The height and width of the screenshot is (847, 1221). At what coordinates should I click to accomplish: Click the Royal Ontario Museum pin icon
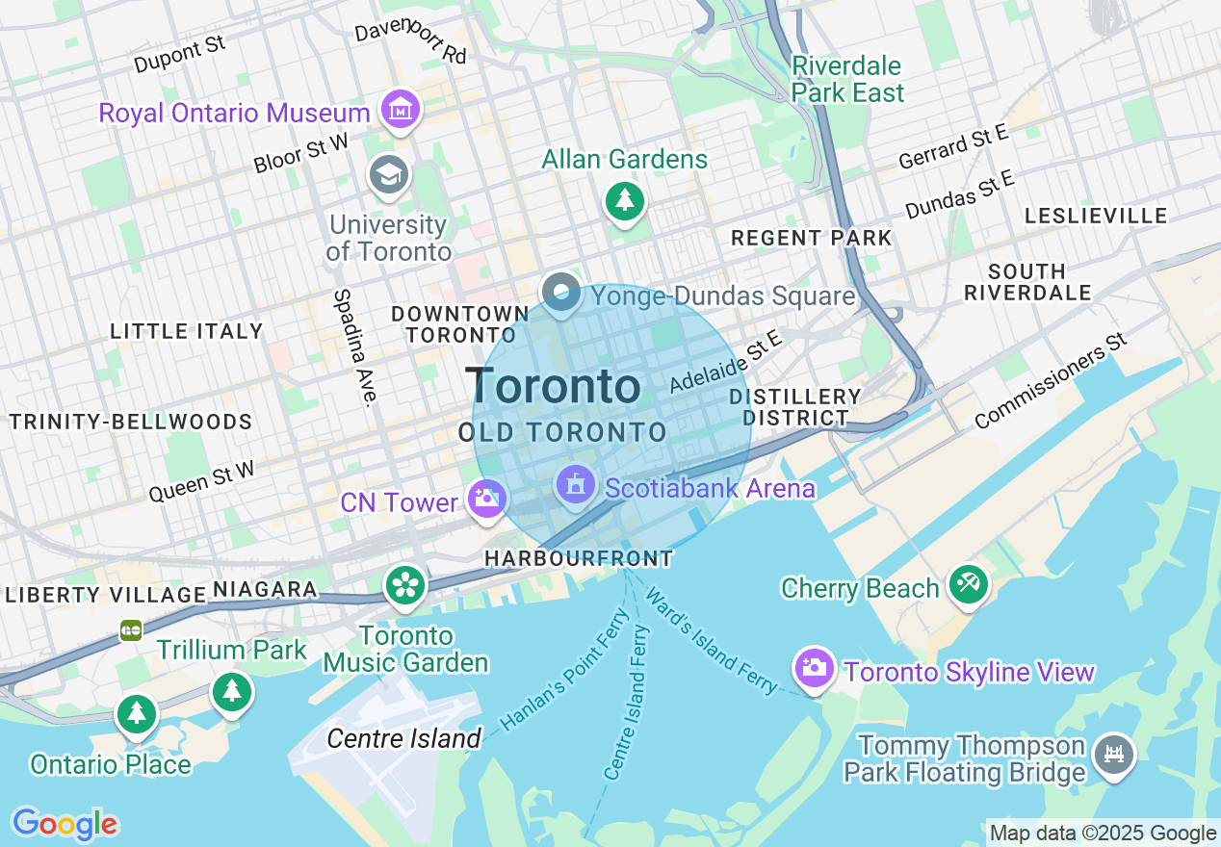coord(399,110)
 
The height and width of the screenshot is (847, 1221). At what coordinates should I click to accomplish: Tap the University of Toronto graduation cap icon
coord(389,174)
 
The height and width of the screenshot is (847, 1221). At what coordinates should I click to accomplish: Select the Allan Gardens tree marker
coord(625,200)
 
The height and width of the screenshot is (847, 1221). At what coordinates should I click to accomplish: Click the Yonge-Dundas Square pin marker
coord(560,292)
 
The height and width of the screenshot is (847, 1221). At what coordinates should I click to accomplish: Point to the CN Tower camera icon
coord(487,500)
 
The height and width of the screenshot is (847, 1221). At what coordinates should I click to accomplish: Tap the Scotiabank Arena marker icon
coord(576,484)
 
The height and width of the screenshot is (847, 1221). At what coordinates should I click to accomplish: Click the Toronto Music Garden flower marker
coord(405,584)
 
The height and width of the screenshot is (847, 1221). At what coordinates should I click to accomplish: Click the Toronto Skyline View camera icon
coord(814,667)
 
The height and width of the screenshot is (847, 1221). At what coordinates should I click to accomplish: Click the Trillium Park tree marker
coord(231,691)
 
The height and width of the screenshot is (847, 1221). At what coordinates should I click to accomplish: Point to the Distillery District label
coord(794,407)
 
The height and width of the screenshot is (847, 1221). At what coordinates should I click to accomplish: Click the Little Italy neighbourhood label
coord(187,331)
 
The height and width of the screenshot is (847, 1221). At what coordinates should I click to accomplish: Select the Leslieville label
coord(1096,216)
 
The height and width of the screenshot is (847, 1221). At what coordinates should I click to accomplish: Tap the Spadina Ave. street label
coord(355,346)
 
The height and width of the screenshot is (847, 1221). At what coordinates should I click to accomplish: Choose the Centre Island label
coord(403,738)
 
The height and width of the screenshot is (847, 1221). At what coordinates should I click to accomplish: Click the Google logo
coord(65,824)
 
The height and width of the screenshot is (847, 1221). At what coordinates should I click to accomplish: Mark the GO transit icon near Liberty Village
coord(131,630)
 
